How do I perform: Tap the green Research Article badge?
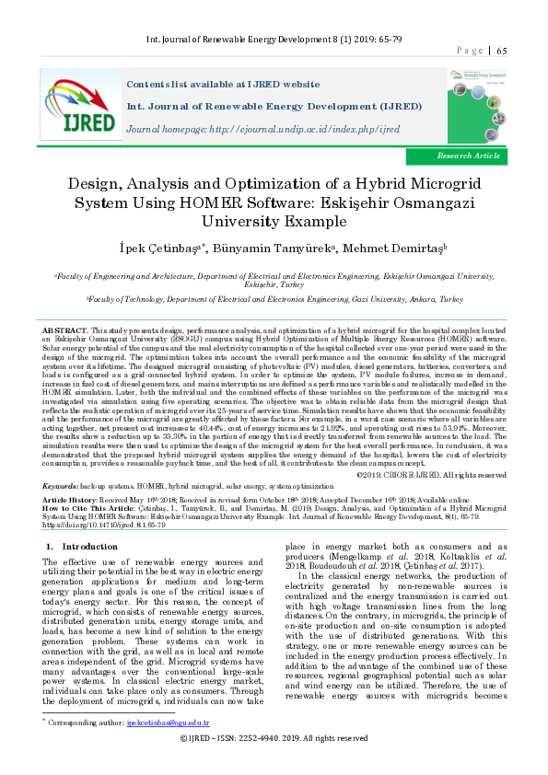[x=469, y=156]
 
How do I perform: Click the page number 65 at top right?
[x=502, y=51]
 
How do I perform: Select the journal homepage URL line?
[x=262, y=129]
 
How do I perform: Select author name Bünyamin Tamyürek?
[x=274, y=247]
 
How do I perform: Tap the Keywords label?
[x=60, y=483]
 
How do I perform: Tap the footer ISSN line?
[x=274, y=764]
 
